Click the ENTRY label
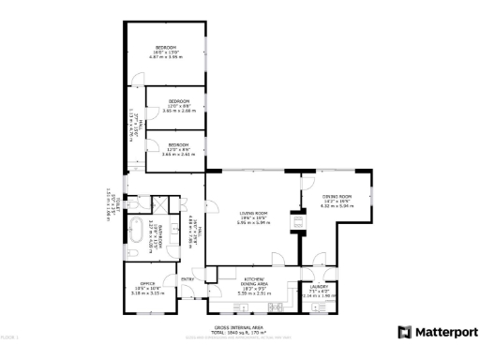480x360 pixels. click(187, 278)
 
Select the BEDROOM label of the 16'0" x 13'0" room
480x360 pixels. click(167, 47)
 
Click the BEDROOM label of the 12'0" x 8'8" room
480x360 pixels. click(179, 100)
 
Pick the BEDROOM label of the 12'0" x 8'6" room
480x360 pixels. click(179, 144)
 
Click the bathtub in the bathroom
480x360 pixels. click(136, 229)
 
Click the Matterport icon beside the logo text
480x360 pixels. click(405, 332)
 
